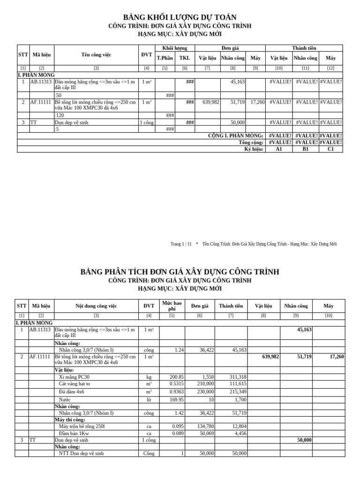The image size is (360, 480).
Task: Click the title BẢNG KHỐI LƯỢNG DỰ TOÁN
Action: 180,17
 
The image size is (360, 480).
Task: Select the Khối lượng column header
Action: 174,48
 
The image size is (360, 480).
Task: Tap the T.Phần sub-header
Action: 165,58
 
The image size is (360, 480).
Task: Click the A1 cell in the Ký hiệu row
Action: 279,149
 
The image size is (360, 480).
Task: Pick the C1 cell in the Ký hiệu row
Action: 331,149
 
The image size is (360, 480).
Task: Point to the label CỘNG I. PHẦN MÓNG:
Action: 235,135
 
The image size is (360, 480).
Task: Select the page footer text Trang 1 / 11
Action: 181,244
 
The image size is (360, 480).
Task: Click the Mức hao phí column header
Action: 172,306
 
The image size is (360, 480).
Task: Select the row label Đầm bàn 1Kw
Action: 74,434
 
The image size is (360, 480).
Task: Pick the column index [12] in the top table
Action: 331,68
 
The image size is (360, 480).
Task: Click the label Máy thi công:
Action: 70,420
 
